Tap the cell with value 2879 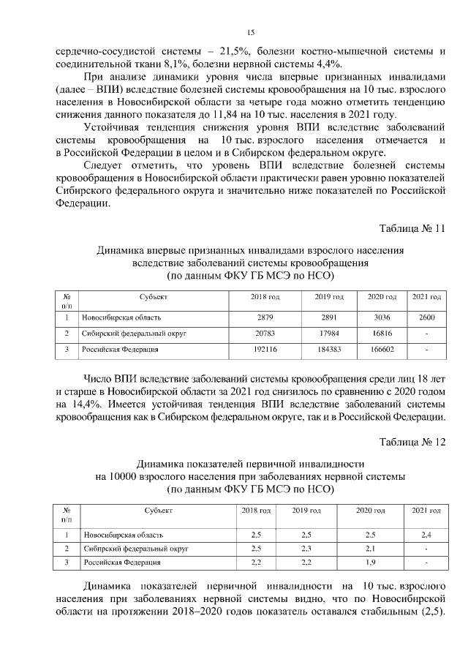click(265, 318)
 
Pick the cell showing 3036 click(382, 318)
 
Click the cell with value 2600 click(426, 318)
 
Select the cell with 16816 click(382, 334)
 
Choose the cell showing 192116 click(265, 350)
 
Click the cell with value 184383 click(328, 350)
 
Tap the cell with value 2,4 click(426, 535)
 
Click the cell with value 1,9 click(370, 563)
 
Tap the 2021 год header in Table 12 click(426, 510)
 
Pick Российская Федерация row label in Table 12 click(121, 563)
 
